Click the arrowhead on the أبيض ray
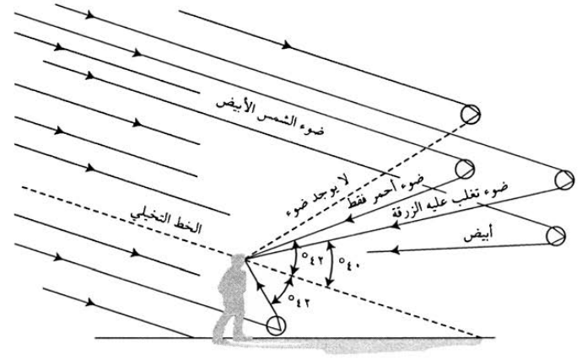coord(369,250)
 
